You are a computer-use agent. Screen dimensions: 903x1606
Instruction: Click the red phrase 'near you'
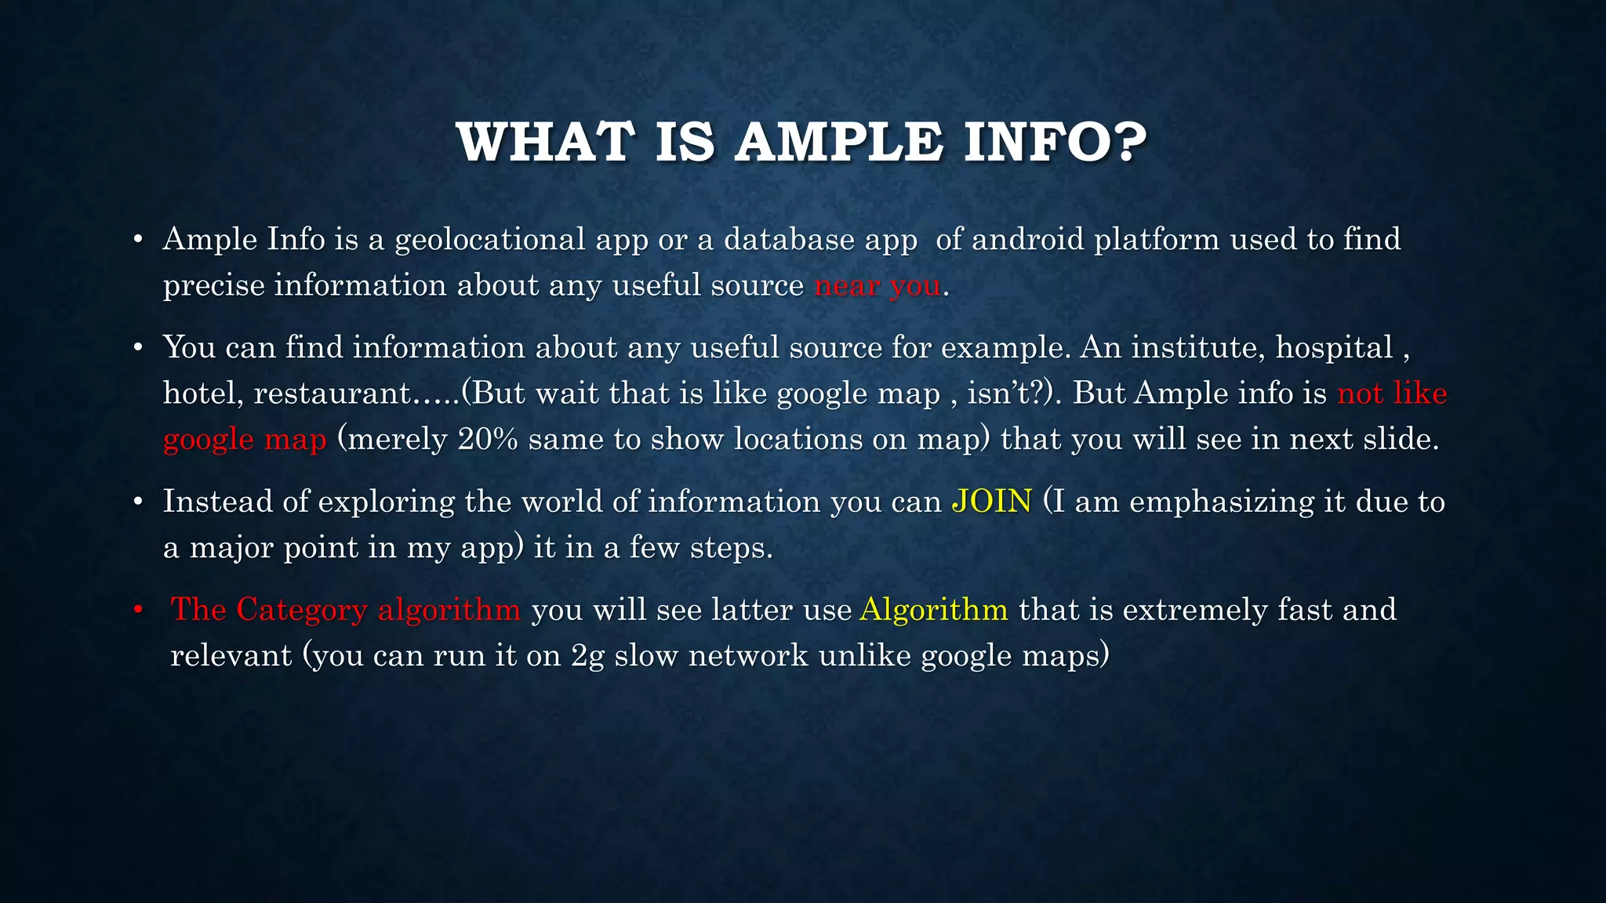(x=877, y=285)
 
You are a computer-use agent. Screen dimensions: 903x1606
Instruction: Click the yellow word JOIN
(x=991, y=502)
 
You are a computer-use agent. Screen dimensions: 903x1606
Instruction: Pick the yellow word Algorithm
(x=933, y=610)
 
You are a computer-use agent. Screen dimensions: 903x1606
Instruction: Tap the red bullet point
(x=138, y=610)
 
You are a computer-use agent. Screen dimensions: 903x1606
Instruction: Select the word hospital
(x=1334, y=348)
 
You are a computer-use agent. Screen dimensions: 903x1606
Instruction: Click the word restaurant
(x=332, y=393)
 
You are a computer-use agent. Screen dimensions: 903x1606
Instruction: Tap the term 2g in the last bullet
(x=587, y=655)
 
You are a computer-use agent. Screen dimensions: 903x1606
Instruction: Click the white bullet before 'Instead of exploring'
(x=138, y=502)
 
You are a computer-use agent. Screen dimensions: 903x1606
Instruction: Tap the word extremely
(x=1195, y=610)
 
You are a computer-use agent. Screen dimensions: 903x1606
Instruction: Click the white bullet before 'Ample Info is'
(x=138, y=240)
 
